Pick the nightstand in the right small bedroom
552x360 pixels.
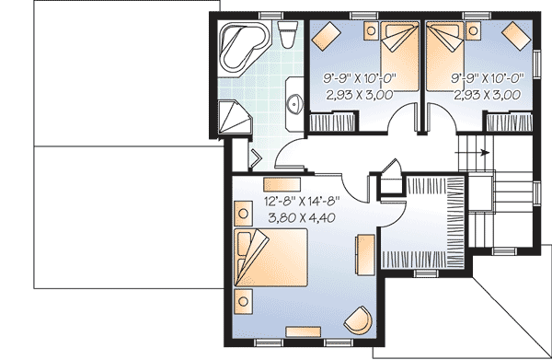[475, 31]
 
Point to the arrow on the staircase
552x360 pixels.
[482, 154]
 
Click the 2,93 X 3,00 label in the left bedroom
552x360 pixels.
[359, 94]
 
